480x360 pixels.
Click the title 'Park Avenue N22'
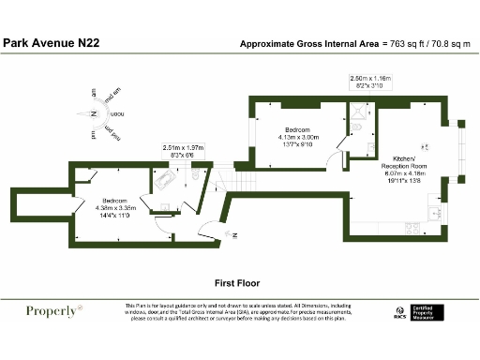tap(52, 43)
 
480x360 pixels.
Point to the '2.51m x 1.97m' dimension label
tap(183, 147)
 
